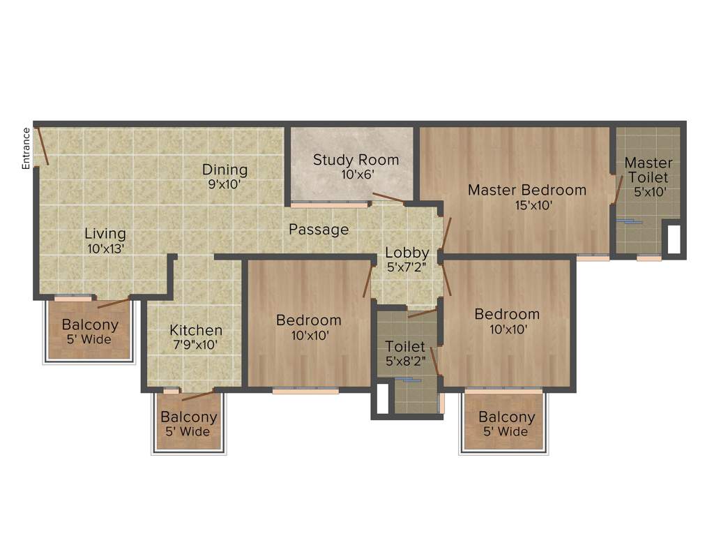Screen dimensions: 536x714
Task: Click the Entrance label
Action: coord(26,148)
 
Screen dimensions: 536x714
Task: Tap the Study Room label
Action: coord(356,160)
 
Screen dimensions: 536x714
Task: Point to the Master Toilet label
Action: coord(648,170)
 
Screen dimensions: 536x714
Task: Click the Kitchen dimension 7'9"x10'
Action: coord(196,345)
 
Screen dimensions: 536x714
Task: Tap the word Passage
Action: coord(319,230)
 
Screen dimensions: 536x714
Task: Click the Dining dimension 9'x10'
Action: coord(225,185)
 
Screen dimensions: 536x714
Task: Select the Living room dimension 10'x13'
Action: coord(105,248)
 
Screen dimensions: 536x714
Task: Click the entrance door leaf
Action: coord(42,146)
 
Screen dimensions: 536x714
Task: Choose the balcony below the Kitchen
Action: coord(188,423)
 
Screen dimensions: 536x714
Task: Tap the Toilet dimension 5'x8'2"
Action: coord(405,362)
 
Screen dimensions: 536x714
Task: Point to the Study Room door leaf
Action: coord(388,198)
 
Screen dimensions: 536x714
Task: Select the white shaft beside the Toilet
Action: coord(381,399)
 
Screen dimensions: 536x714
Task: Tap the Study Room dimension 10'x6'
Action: coord(356,175)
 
